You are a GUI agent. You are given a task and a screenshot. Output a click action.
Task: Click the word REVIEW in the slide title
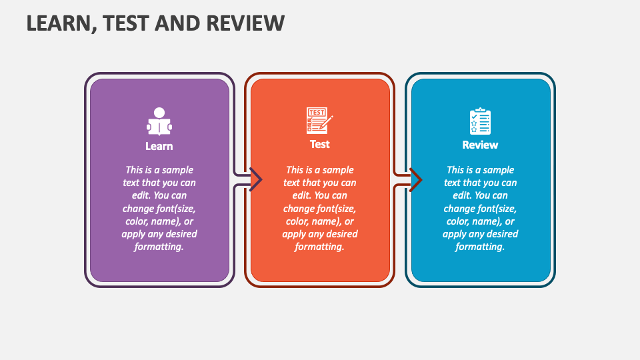[x=245, y=23]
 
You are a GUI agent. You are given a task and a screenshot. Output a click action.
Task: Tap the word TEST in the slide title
[x=127, y=23]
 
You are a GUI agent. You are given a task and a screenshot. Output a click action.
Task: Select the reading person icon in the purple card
[x=159, y=121]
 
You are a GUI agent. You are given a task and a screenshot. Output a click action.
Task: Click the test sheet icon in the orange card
[x=319, y=121]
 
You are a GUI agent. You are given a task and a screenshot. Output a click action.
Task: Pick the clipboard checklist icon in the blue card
[x=480, y=121]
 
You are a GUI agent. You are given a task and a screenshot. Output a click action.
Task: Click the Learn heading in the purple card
[x=159, y=146]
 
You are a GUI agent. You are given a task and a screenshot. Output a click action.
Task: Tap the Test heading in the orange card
[x=319, y=144]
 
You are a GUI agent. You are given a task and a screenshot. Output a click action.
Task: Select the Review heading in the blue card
[x=480, y=145]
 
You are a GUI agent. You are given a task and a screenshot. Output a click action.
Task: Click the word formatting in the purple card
[x=159, y=247]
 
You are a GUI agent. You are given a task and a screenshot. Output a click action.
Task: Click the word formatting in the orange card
[x=319, y=247]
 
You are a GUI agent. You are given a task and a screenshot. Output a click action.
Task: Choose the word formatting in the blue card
[x=479, y=247]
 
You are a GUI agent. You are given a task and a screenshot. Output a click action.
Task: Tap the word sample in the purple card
[x=177, y=170]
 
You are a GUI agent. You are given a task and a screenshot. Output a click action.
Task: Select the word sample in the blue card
[x=499, y=170]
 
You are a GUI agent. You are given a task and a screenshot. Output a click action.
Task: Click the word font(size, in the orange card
[x=338, y=209]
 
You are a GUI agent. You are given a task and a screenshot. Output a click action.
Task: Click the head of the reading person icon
[x=159, y=112]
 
